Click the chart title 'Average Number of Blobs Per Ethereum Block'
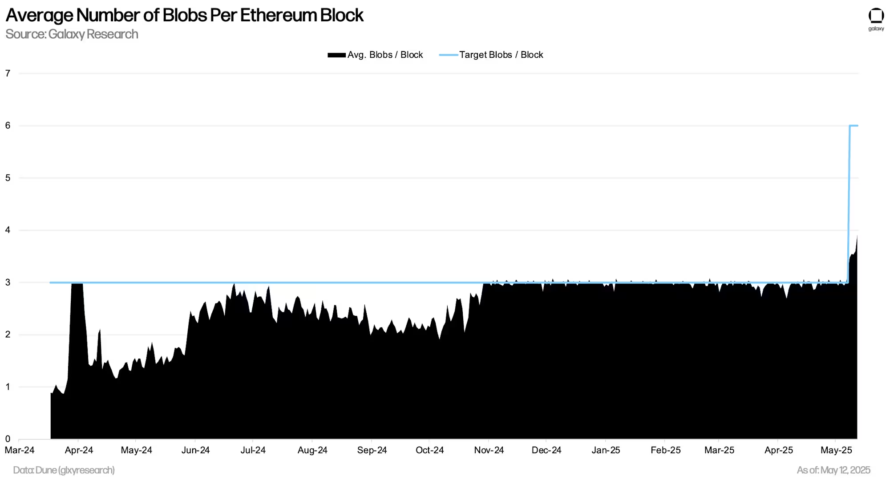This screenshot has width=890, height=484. tap(184, 15)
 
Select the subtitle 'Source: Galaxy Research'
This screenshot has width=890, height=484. tap(72, 34)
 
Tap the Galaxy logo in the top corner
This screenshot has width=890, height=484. tap(876, 19)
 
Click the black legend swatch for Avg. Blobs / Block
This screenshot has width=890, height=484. tap(336, 55)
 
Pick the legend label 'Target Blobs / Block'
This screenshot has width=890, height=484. tap(501, 55)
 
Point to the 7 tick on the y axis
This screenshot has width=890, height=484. tap(8, 73)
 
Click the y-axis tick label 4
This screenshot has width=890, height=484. tap(8, 230)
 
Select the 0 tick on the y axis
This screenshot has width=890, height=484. tap(8, 439)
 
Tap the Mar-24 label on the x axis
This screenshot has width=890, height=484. tap(20, 450)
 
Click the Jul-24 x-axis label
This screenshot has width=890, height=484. tap(253, 450)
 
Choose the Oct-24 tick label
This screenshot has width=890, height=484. tap(429, 450)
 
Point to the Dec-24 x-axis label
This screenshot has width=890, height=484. tap(546, 450)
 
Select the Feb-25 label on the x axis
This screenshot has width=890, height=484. tap(665, 450)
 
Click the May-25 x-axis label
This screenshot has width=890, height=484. tap(836, 450)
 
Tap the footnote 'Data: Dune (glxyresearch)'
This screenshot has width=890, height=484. tap(64, 470)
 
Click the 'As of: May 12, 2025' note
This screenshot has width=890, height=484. tap(833, 470)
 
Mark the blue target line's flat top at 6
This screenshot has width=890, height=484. tap(854, 126)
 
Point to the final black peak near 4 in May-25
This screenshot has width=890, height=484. tap(857, 237)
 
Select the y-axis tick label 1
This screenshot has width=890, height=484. tap(8, 387)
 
